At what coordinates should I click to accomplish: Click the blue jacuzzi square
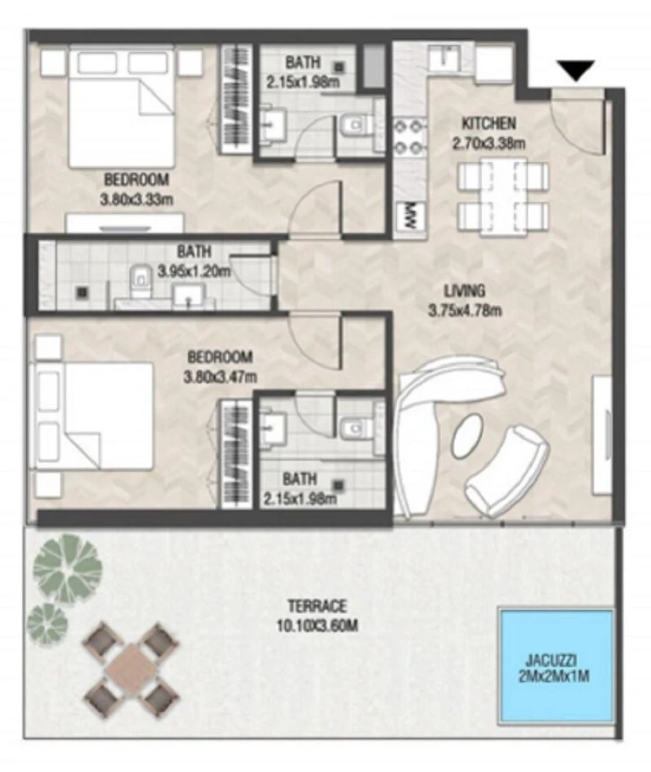coord(556,666)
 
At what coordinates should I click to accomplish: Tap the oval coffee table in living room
coord(468,434)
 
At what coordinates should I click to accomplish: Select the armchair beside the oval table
coord(506,470)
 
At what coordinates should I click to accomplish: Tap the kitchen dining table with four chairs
coord(501,195)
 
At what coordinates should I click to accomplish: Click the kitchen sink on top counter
coord(441,57)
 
